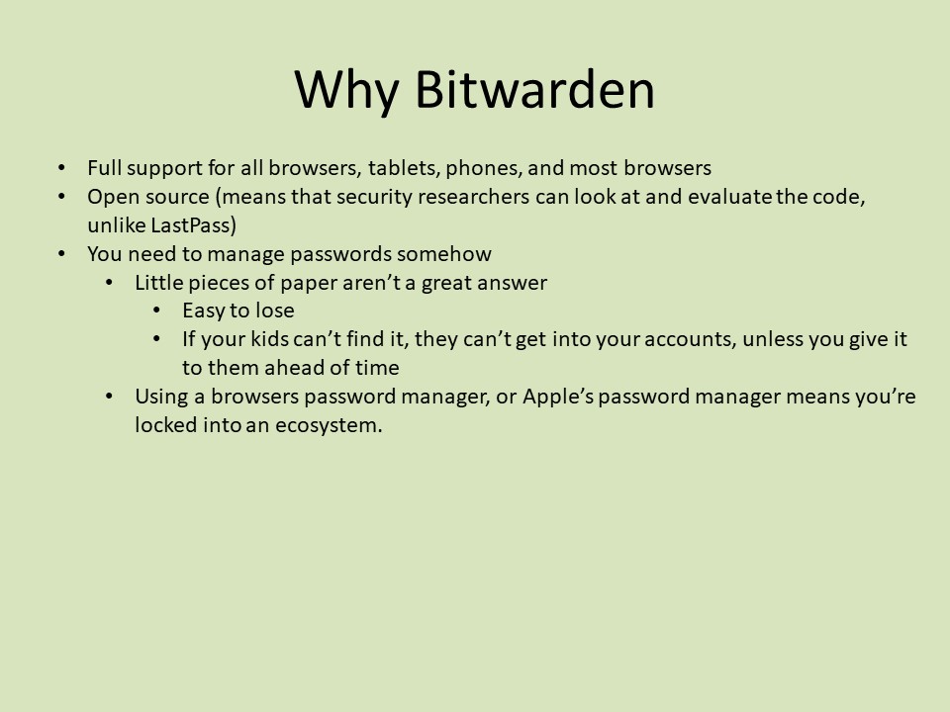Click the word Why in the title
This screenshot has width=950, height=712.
tap(346, 91)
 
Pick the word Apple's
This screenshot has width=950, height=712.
tap(558, 396)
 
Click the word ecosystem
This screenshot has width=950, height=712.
tap(329, 425)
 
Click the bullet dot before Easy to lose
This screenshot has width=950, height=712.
tap(157, 311)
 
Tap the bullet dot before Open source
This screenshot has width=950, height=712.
tap(61, 197)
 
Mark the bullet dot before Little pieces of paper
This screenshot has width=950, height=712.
tap(110, 283)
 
